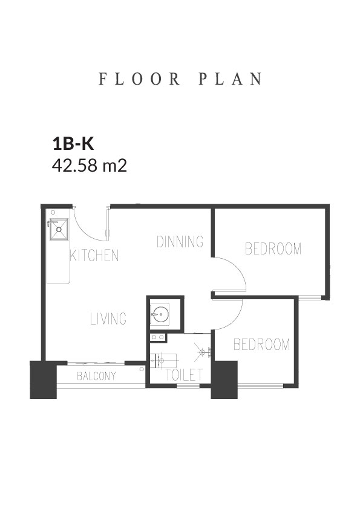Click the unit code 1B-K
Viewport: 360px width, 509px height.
click(x=73, y=144)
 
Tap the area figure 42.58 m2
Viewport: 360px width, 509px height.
click(x=90, y=166)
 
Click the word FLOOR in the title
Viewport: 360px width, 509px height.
click(x=139, y=79)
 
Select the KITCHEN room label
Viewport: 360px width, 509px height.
click(x=94, y=256)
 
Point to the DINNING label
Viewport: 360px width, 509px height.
click(x=180, y=242)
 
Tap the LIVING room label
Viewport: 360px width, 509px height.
click(x=108, y=319)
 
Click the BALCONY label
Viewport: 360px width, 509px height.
click(x=96, y=376)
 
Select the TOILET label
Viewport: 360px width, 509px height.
click(x=184, y=375)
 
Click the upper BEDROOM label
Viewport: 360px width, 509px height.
click(x=273, y=248)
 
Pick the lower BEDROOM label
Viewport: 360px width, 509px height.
click(x=261, y=345)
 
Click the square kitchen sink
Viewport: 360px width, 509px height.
click(x=59, y=229)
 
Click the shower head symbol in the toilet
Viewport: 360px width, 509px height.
click(x=203, y=351)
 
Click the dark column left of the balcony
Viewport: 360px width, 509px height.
click(x=43, y=380)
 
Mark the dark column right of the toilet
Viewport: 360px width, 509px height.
click(x=224, y=380)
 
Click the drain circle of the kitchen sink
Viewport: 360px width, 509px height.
click(x=59, y=229)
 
